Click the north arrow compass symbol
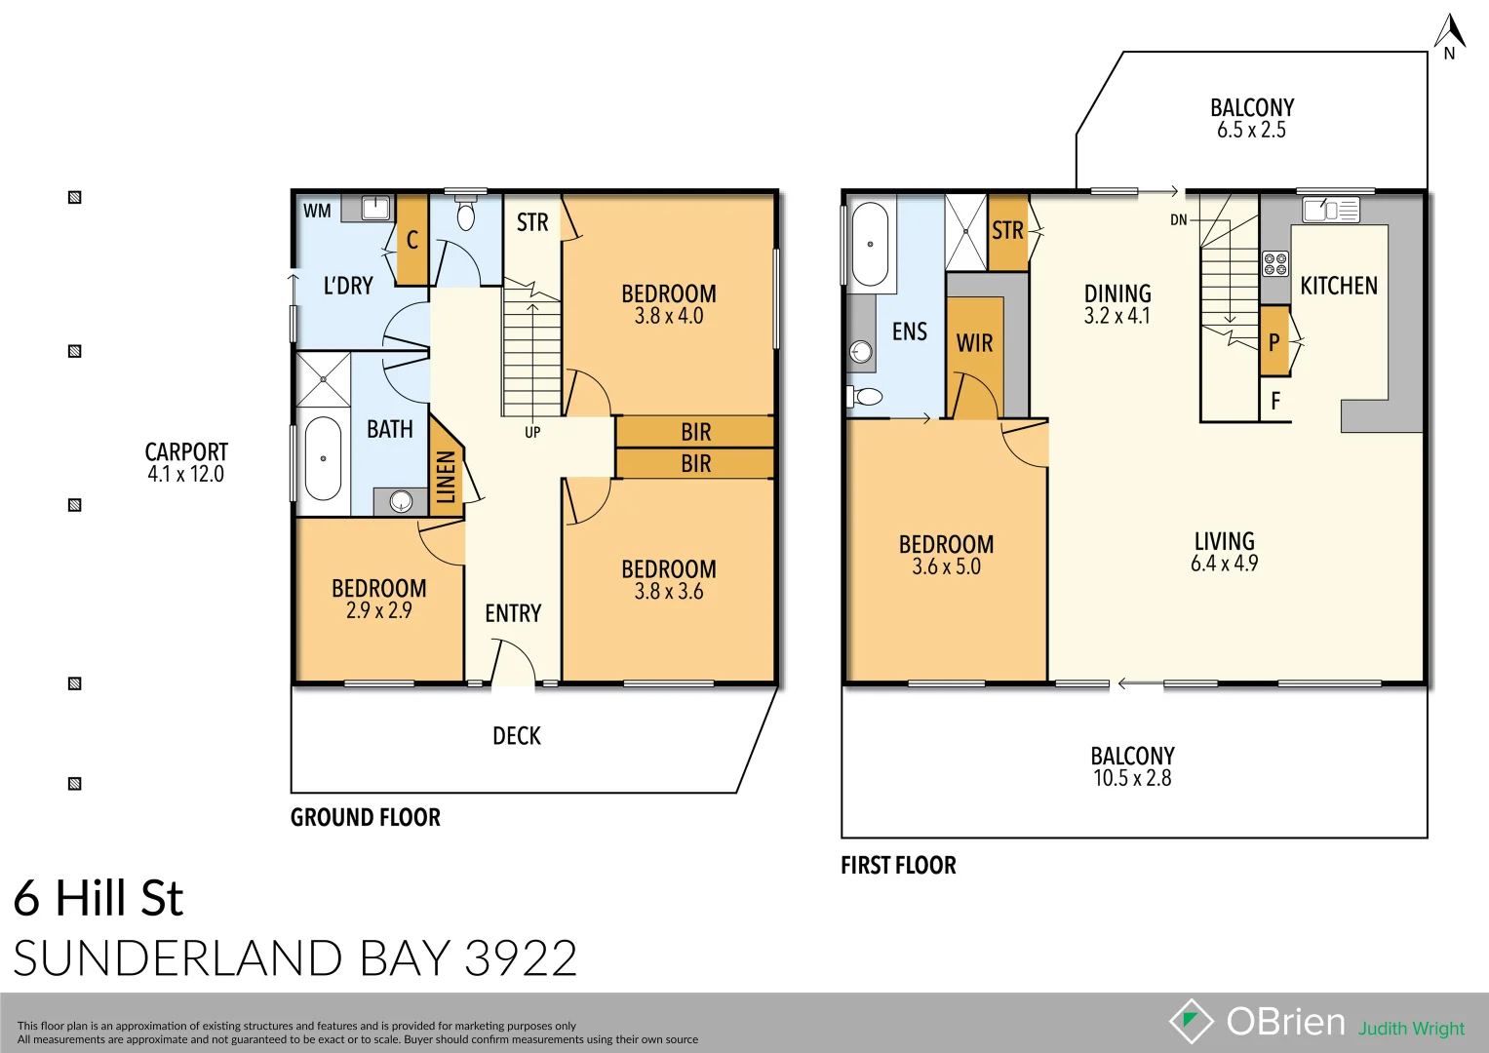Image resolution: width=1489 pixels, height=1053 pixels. coord(1449,36)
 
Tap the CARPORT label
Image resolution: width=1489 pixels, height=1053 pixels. coord(186,452)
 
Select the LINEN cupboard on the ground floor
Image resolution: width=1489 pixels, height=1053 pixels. coord(446,476)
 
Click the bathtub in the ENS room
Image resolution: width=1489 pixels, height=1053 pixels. coord(870,244)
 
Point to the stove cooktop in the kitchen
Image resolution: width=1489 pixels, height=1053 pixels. coord(1274,263)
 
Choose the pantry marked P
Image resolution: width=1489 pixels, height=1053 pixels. coord(1273,342)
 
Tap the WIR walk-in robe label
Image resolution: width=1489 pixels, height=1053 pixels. coord(974,343)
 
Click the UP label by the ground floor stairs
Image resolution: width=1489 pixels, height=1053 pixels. coord(532,433)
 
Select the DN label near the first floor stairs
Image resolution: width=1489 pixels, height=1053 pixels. coord(1179,220)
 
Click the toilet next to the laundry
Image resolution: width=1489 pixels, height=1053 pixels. coord(466,214)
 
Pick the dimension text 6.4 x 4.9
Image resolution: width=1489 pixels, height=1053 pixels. coord(1224,564)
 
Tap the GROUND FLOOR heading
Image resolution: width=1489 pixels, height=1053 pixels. coord(366,818)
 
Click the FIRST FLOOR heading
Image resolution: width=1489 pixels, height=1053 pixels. coord(898,866)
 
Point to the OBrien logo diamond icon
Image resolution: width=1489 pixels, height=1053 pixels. coord(1191,1021)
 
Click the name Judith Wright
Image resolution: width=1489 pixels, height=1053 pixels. coord(1411,1029)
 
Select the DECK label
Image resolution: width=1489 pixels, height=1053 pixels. coord(517,736)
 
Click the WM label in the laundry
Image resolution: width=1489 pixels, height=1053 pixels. coord(317,211)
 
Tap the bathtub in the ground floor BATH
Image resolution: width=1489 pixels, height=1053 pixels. coord(323,458)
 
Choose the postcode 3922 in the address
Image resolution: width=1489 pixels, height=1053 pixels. coord(521,958)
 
